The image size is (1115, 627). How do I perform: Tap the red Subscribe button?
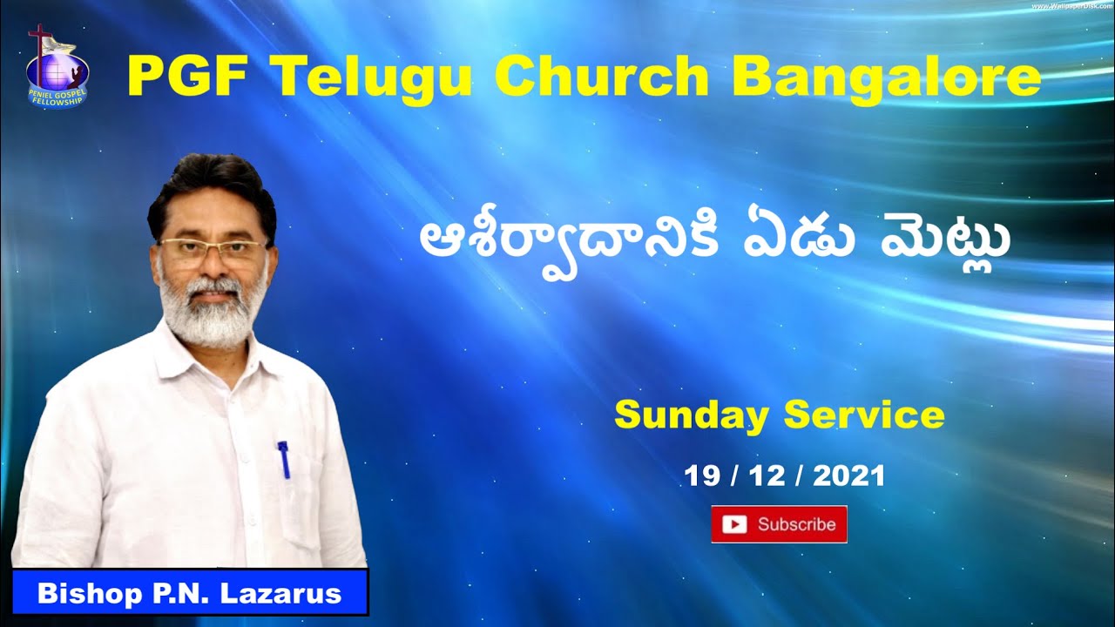[x=779, y=524]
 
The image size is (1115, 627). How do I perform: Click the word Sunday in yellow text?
[x=691, y=415]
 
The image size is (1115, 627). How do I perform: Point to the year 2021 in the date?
[x=850, y=475]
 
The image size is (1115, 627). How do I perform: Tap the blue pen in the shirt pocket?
[x=283, y=460]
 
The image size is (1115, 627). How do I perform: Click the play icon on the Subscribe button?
[x=735, y=524]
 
